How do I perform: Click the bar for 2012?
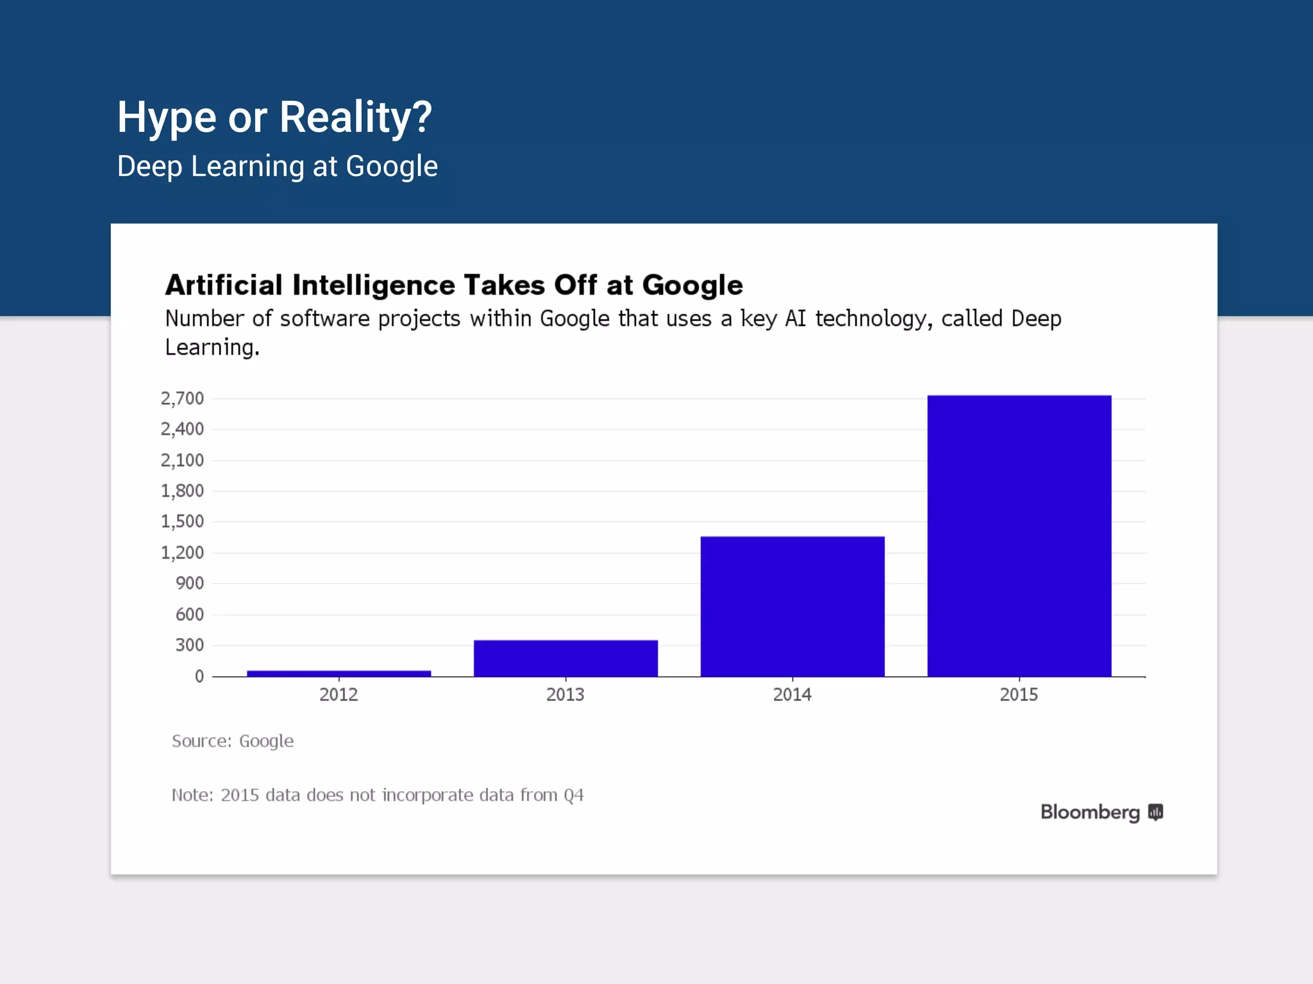[339, 673]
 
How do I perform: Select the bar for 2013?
[565, 658]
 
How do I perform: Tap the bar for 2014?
[792, 606]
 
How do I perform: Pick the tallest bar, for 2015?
[1019, 536]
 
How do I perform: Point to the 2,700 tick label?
[182, 398]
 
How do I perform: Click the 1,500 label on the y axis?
[182, 521]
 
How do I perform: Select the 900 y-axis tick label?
[189, 583]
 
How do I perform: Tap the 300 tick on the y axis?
[189, 644]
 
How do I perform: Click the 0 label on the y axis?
[199, 676]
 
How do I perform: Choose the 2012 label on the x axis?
[339, 694]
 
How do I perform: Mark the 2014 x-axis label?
[792, 694]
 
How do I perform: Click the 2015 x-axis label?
[1019, 694]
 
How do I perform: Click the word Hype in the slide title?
[167, 118]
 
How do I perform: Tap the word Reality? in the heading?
[356, 118]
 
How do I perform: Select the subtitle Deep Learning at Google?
[278, 167]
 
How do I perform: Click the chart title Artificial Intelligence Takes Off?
[454, 285]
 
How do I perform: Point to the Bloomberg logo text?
[1090, 812]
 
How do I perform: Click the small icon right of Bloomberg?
[1155, 812]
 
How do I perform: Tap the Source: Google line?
[233, 741]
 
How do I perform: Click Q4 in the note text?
[574, 795]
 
